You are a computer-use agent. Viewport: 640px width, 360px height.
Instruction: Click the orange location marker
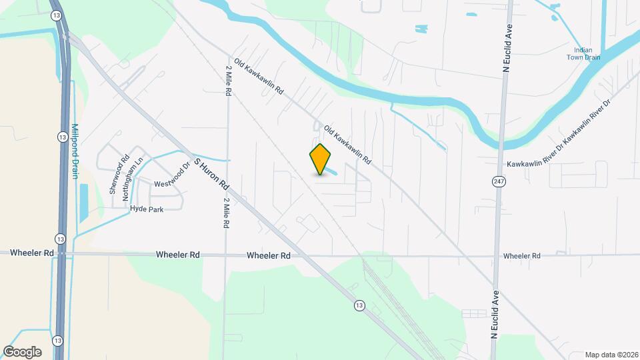(321, 159)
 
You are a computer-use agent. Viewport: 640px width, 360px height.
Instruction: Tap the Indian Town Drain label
(583, 53)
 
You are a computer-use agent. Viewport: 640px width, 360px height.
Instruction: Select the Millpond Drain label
(75, 151)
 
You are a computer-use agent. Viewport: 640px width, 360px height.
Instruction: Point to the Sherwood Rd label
(119, 175)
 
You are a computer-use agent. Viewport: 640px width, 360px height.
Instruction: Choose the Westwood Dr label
(172, 178)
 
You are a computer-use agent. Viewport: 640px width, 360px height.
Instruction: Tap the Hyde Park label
(147, 209)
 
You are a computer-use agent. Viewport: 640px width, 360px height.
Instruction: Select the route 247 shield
(499, 181)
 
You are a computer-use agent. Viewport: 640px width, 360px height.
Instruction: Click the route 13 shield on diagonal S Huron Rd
(359, 305)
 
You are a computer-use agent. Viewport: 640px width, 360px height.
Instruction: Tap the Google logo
(22, 352)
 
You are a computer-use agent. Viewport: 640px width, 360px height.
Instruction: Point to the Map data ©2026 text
(611, 355)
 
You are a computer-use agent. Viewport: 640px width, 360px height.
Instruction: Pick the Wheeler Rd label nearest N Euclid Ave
(521, 256)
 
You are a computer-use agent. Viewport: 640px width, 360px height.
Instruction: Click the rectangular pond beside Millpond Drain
(83, 203)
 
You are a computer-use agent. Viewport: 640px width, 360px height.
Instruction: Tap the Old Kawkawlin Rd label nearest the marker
(347, 146)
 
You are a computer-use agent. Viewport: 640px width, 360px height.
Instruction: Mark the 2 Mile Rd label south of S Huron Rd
(227, 213)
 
